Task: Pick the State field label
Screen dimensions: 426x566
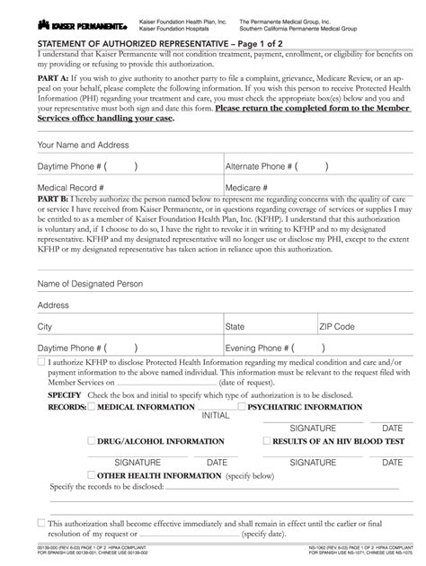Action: tap(235, 327)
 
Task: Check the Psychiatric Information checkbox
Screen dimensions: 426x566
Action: tap(242, 407)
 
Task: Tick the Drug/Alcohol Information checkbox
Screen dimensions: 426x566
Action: tap(91, 441)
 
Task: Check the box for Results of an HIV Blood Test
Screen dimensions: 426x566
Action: tap(266, 441)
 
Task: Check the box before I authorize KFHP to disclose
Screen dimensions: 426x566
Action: tap(41, 361)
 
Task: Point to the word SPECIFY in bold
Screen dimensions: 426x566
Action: tap(65, 395)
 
